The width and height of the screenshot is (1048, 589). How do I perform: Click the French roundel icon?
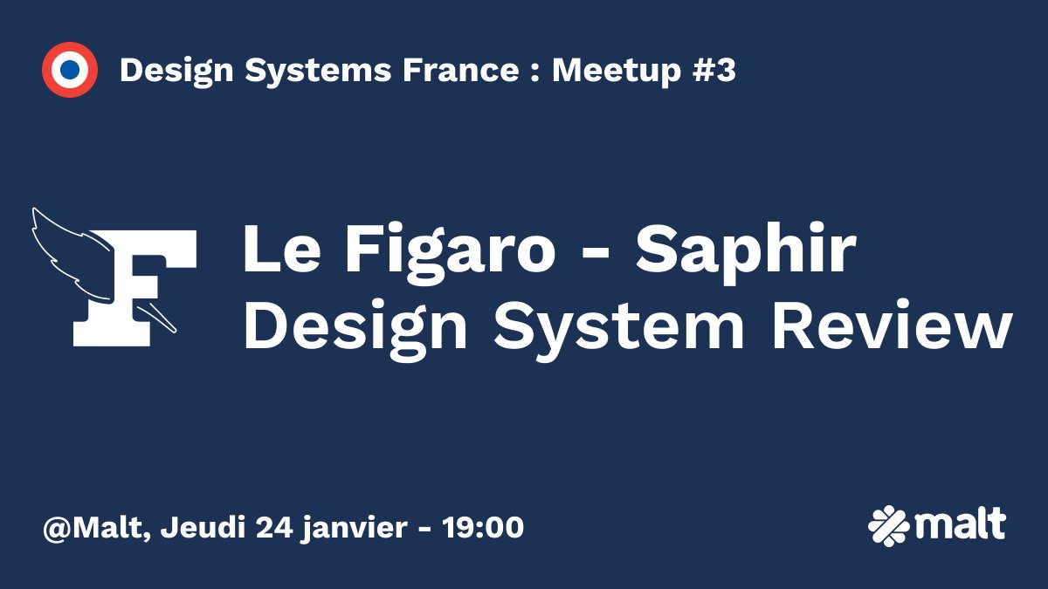[x=69, y=70]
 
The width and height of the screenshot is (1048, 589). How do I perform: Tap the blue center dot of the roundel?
[x=69, y=70]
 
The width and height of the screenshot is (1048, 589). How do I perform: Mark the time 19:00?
[x=484, y=527]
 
